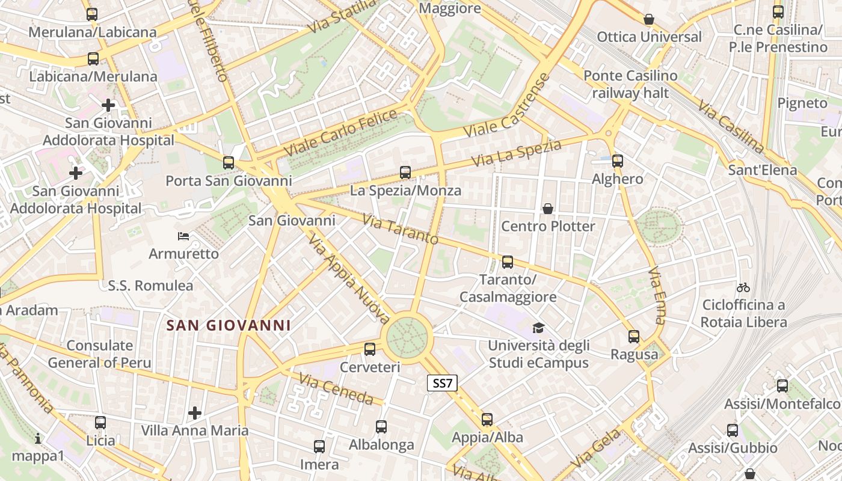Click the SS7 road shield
pyautogui.click(x=443, y=383)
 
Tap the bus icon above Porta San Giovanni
pyautogui.click(x=228, y=162)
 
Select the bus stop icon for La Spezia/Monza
pyautogui.click(x=405, y=173)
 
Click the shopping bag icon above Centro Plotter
pyautogui.click(x=548, y=209)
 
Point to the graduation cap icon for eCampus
pyautogui.click(x=538, y=328)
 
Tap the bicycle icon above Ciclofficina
pyautogui.click(x=743, y=287)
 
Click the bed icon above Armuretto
pyautogui.click(x=183, y=236)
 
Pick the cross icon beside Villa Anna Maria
pyautogui.click(x=194, y=413)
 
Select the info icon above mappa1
pyautogui.click(x=38, y=438)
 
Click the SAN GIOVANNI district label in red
pyautogui.click(x=229, y=326)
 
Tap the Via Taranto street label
pyautogui.click(x=401, y=229)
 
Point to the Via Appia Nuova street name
pyautogui.click(x=349, y=279)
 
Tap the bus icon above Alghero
pyautogui.click(x=618, y=161)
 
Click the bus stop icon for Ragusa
pyautogui.click(x=634, y=337)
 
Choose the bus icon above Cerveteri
pyautogui.click(x=370, y=349)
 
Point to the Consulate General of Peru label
pyautogui.click(x=100, y=354)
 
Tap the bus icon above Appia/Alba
pyautogui.click(x=487, y=420)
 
